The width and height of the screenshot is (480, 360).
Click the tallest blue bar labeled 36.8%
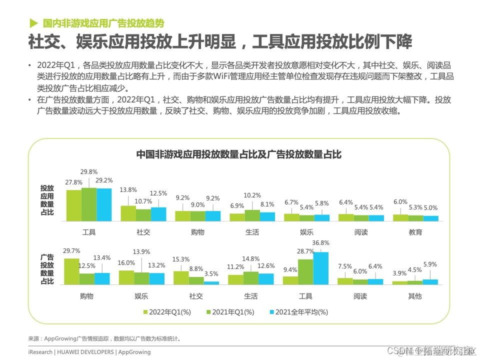[321, 268]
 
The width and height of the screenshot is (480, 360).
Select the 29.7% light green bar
[72, 271]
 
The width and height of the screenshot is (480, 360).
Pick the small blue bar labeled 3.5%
[211, 282]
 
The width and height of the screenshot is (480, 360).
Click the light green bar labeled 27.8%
[74, 205]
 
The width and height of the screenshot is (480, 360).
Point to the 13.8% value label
[128, 189]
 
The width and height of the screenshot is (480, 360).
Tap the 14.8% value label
[251, 258]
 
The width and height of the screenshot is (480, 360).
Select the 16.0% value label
[126, 262]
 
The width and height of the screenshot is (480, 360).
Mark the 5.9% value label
[430, 264]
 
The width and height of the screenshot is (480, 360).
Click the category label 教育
[415, 232]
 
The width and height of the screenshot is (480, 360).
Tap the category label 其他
[415, 296]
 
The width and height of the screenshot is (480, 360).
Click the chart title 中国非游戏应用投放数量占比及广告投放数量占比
[239, 154]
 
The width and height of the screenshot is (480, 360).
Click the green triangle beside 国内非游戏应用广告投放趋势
[33, 23]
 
